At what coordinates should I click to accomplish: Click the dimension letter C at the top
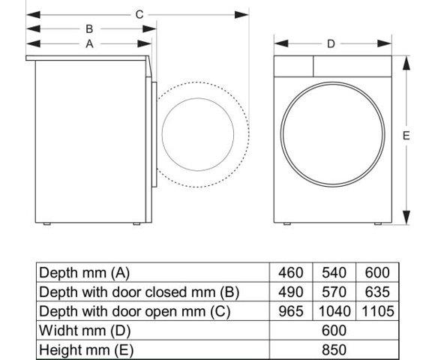(139, 13)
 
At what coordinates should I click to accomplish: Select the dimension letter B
(89, 28)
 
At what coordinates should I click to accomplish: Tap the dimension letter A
(89, 43)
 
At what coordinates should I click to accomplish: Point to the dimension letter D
(331, 43)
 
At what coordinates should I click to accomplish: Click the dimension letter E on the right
(406, 136)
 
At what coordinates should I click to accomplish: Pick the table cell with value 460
(290, 272)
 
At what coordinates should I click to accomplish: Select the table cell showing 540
(334, 272)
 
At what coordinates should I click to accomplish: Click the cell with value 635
(377, 292)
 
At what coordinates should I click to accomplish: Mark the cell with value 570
(334, 292)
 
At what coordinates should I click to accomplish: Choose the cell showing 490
(290, 292)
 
